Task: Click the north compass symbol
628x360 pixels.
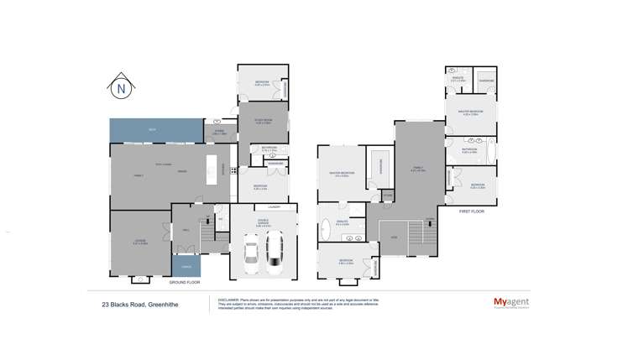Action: point(122,86)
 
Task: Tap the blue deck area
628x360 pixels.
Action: point(155,130)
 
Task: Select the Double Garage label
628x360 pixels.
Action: point(263,224)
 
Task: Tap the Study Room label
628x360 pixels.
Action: point(261,120)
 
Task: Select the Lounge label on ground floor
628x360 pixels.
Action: point(140,242)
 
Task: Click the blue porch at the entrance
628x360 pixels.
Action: point(186,266)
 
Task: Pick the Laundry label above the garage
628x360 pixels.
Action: point(274,206)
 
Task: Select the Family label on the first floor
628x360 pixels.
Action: point(415,167)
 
